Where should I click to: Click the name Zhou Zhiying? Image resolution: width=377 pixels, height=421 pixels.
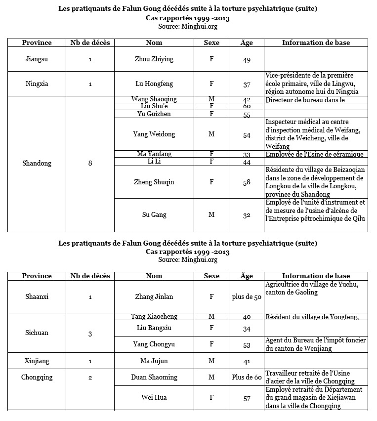tap(154, 59)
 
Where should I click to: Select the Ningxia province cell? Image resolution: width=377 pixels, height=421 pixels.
tap(37, 84)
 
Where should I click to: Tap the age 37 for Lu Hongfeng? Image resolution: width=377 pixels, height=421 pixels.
tap(247, 84)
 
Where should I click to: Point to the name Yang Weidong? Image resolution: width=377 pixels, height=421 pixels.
tap(154, 134)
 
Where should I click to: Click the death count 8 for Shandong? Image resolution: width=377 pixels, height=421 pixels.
tap(90, 163)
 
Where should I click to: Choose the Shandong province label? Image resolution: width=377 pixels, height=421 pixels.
tap(37, 163)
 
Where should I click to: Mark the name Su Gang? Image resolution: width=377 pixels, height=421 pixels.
tap(154, 214)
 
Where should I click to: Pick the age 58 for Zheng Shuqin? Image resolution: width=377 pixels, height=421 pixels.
tap(247, 182)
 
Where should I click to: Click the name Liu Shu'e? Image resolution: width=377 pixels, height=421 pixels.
tap(154, 106)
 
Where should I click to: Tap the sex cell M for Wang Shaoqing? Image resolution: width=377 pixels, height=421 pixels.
tap(211, 99)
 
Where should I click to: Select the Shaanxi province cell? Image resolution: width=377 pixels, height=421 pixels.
tap(37, 297)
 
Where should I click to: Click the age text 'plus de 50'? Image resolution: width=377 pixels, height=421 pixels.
tap(247, 297)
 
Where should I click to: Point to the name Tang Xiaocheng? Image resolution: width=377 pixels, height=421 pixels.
tap(154, 317)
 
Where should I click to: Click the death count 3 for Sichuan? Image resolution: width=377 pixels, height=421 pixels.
tap(90, 334)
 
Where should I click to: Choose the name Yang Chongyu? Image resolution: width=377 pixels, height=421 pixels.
tap(154, 344)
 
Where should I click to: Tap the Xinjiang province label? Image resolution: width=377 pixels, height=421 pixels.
tap(37, 361)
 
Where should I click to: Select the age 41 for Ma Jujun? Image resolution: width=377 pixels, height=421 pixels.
tap(247, 361)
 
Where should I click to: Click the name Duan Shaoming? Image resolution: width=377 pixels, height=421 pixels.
tap(154, 378)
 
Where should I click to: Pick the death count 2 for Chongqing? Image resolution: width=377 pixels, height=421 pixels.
tap(90, 378)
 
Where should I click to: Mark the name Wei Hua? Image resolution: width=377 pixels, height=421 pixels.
tap(154, 398)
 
